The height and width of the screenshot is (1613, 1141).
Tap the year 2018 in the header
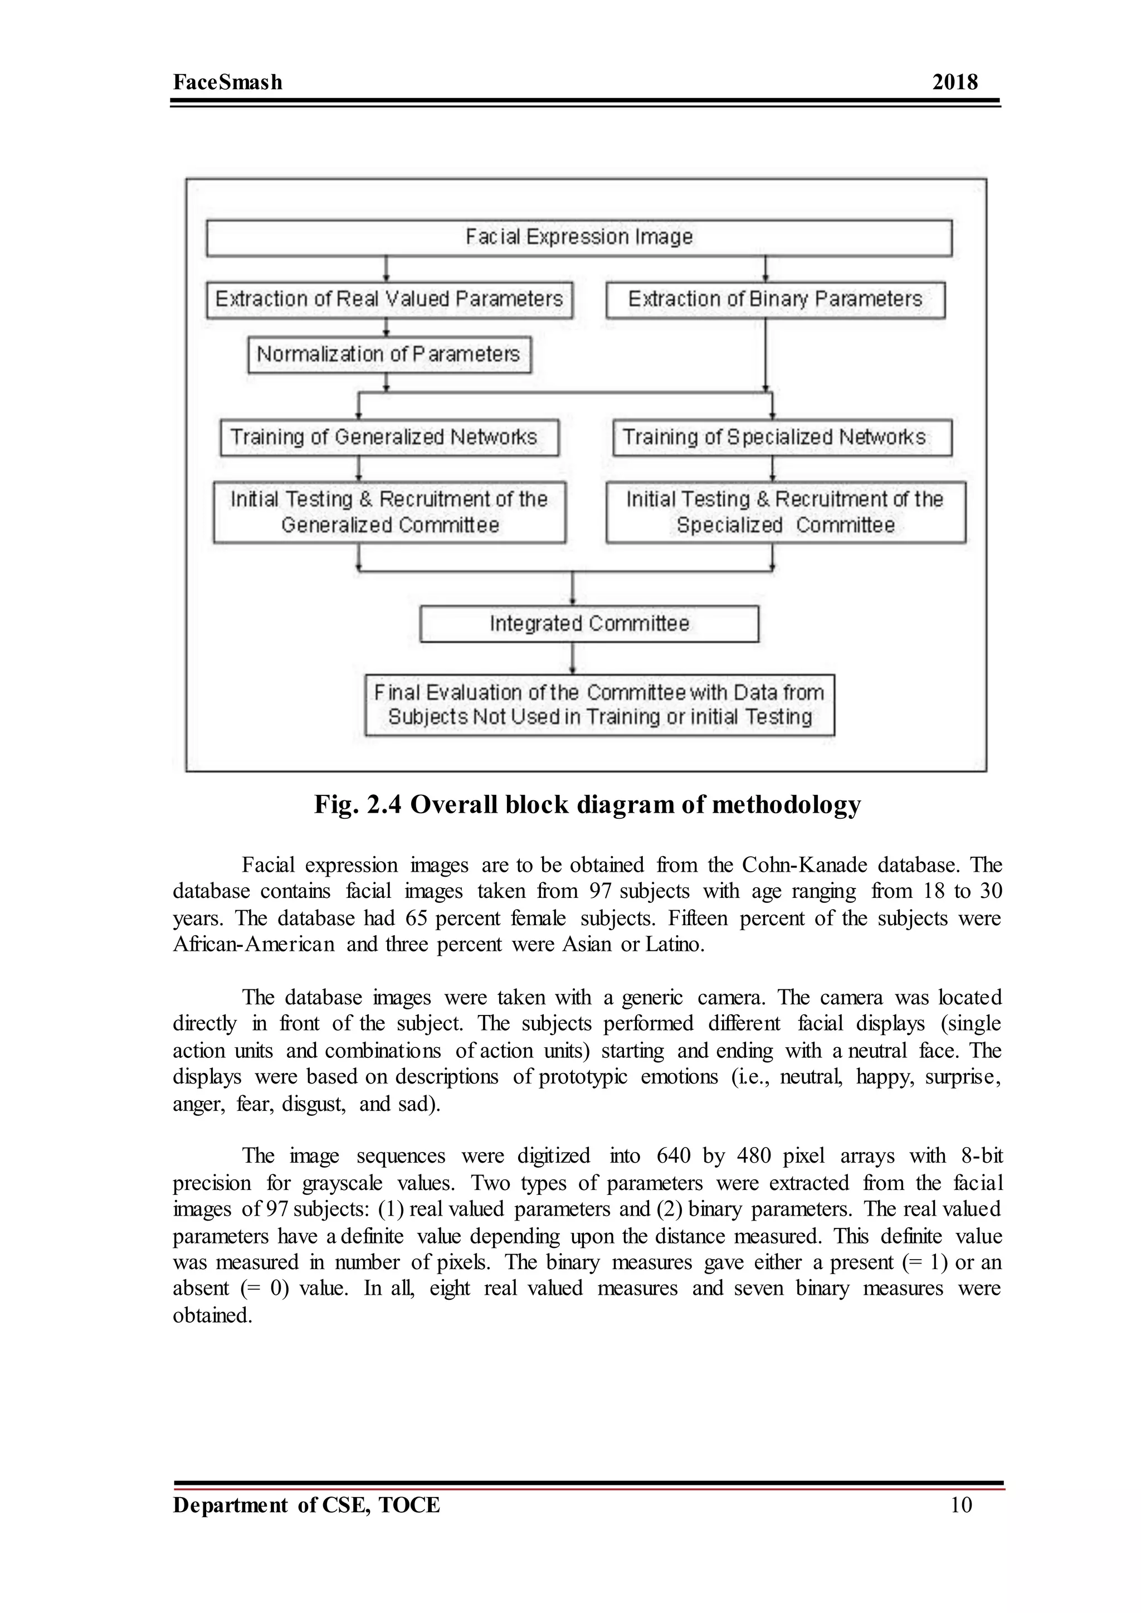954,82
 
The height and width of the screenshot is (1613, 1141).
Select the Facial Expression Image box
579,237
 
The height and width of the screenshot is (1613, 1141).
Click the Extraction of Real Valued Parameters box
389,299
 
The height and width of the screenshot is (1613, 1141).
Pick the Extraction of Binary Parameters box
775,299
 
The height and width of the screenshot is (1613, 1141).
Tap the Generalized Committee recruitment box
389,512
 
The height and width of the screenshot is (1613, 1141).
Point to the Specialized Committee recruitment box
785,512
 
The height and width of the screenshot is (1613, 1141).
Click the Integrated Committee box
589,624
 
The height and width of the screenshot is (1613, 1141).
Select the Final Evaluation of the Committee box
599,705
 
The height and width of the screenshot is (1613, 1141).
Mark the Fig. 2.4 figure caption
587,804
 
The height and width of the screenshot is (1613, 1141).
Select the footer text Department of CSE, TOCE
306,1505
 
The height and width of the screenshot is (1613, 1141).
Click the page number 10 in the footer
960,1505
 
